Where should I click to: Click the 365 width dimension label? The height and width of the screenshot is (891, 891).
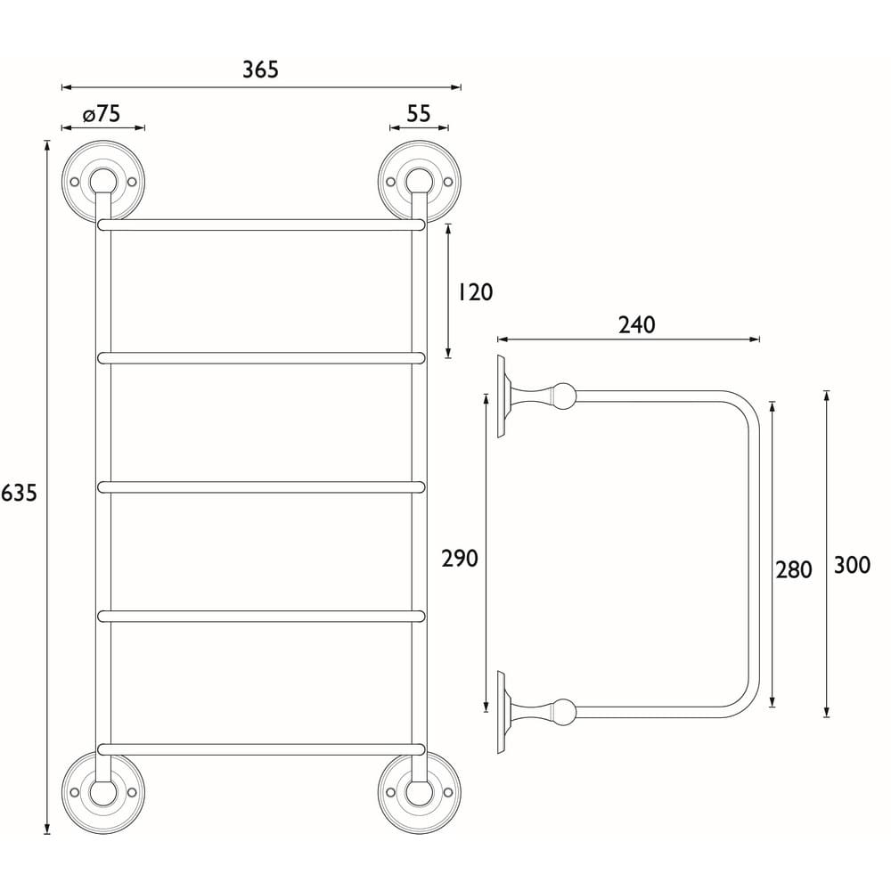(261, 69)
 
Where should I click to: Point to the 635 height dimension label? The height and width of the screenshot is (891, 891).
(19, 493)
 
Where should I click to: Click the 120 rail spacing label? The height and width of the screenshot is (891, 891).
(474, 291)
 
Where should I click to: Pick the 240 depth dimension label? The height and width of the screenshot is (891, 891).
(636, 325)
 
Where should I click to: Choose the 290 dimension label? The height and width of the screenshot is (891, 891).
(460, 559)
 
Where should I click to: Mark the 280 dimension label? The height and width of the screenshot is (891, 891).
(793, 569)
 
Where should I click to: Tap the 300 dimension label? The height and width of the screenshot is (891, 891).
(851, 565)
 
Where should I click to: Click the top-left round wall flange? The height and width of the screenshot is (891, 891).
(102, 181)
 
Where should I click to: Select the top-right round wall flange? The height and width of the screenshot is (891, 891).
(419, 181)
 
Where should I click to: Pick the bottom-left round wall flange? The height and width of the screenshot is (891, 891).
(102, 791)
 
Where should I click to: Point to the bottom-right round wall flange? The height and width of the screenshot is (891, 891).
(419, 791)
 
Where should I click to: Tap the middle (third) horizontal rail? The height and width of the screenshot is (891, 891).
(261, 486)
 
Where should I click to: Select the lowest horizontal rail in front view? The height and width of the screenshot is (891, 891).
(261, 748)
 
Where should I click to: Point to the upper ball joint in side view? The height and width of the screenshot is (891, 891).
(564, 396)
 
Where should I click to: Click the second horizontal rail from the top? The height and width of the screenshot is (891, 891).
(261, 358)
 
